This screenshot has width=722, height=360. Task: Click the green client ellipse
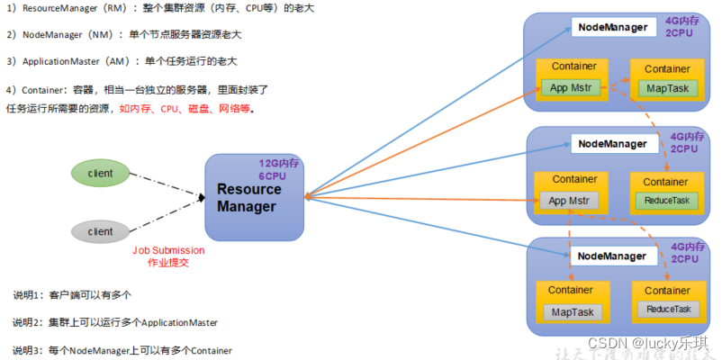click(100, 172)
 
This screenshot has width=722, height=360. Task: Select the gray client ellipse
click(100, 231)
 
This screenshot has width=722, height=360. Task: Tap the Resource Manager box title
click(248, 197)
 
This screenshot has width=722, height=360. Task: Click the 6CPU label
click(274, 176)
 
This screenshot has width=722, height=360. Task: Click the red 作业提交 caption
click(168, 264)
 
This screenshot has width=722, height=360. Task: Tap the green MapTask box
click(667, 88)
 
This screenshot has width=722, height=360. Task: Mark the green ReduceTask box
click(667, 200)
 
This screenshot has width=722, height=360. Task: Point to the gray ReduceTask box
click(667, 310)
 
